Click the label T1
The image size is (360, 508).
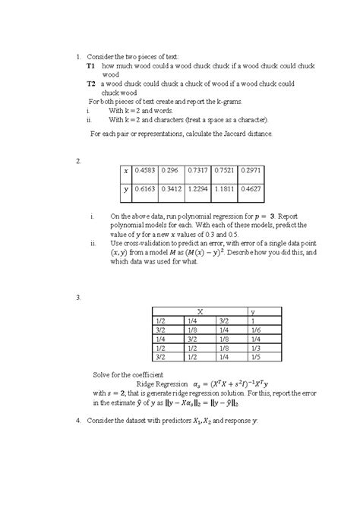point(90,67)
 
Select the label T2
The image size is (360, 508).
point(90,84)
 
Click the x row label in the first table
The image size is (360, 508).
point(126,172)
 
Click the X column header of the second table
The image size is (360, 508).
point(200,311)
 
